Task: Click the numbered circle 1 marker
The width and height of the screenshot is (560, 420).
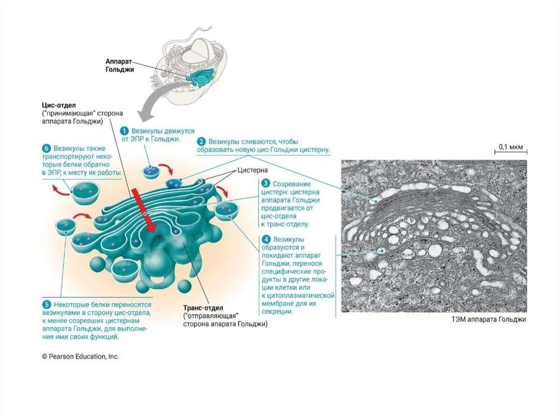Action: point(124,131)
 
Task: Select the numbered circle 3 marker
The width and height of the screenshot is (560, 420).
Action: point(265,183)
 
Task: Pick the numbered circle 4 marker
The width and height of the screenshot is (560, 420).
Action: point(265,239)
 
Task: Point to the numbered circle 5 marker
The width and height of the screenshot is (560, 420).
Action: point(47,304)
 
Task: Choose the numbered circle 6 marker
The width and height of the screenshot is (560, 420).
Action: point(46,148)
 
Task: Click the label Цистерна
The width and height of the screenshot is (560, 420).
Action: point(252,170)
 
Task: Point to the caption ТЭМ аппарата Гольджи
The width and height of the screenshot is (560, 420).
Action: point(483,319)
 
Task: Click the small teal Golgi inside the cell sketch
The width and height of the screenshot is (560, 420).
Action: point(200,77)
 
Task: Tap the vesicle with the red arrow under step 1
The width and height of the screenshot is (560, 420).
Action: point(151,171)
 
